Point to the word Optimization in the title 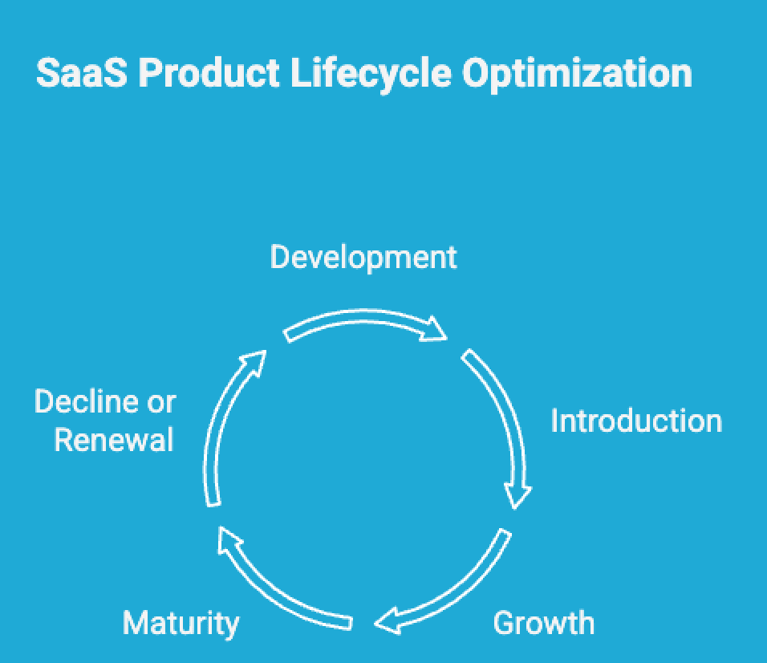577,74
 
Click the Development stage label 363,258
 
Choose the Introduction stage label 635,421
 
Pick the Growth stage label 543,623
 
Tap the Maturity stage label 181,623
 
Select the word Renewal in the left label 114,440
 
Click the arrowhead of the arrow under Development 434,329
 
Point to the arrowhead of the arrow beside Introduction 518,493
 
